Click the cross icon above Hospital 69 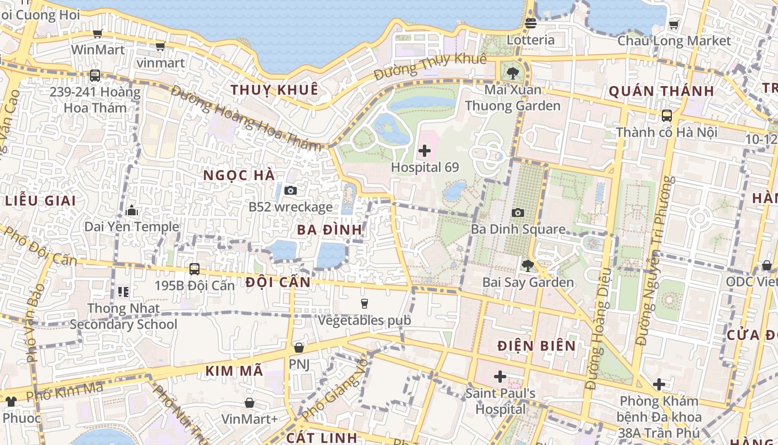[x=425, y=150]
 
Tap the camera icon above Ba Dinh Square [x=518, y=212]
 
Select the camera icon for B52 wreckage [x=290, y=191]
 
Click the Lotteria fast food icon [x=530, y=23]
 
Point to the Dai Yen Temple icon [x=132, y=210]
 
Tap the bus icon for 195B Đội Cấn [x=194, y=269]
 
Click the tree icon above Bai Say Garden [x=527, y=266]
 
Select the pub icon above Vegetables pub [x=365, y=303]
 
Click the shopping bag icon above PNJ [x=299, y=348]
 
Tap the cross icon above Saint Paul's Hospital [x=500, y=377]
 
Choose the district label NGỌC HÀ [x=239, y=175]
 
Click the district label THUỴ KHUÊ [x=275, y=90]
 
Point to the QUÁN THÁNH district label [x=661, y=91]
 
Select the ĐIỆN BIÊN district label [x=537, y=345]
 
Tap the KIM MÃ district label [x=234, y=371]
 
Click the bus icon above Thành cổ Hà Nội [x=667, y=116]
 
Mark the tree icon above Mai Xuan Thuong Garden [x=512, y=73]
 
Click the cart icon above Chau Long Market [x=674, y=24]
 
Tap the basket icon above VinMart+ [x=250, y=402]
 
